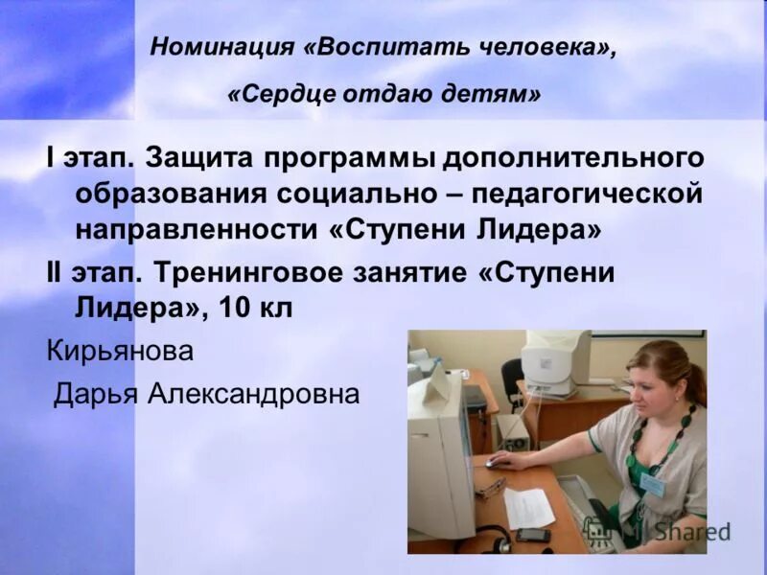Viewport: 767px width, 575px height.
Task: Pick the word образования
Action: coord(172,194)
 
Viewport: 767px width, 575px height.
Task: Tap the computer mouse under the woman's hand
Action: coord(495,463)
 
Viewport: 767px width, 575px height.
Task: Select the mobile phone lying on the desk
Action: coord(533,535)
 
